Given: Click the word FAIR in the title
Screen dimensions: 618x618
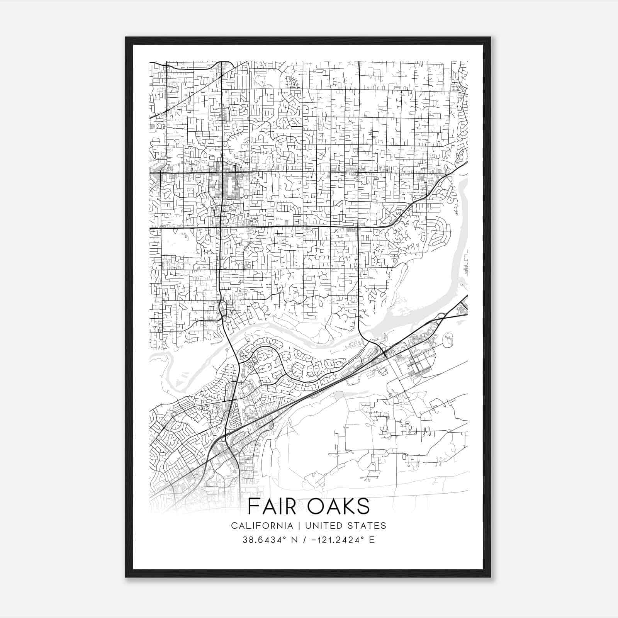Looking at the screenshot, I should click(x=271, y=506).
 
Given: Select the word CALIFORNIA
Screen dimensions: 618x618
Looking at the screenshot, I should click(x=262, y=526).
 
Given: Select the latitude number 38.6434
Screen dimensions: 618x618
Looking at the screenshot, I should click(x=258, y=540).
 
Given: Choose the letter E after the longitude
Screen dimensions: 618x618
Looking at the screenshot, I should click(x=372, y=540).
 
